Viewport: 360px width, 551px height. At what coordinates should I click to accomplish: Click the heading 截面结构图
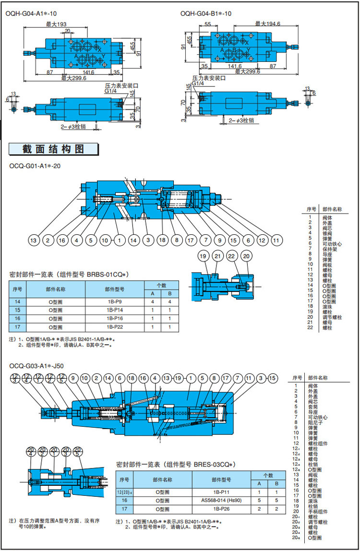pyautogui.click(x=53, y=149)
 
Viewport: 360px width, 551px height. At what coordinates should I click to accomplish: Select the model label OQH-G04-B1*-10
pyautogui.click(x=206, y=14)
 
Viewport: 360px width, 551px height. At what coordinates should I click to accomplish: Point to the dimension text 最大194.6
pyautogui.click(x=267, y=24)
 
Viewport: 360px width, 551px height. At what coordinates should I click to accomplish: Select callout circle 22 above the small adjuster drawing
pyautogui.click(x=232, y=257)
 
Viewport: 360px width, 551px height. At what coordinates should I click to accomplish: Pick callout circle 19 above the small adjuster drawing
pyautogui.click(x=203, y=257)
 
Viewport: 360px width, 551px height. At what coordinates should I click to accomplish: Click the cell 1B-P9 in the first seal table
pyautogui.click(x=115, y=301)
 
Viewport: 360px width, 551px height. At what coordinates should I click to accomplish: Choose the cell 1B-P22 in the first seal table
pyautogui.click(x=115, y=327)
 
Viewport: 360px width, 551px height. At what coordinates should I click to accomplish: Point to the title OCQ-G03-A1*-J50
pyautogui.click(x=36, y=366)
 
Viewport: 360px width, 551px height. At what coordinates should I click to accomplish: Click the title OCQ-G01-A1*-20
pyautogui.click(x=35, y=166)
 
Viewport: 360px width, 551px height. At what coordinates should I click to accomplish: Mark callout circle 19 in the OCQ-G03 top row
pyautogui.click(x=179, y=378)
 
